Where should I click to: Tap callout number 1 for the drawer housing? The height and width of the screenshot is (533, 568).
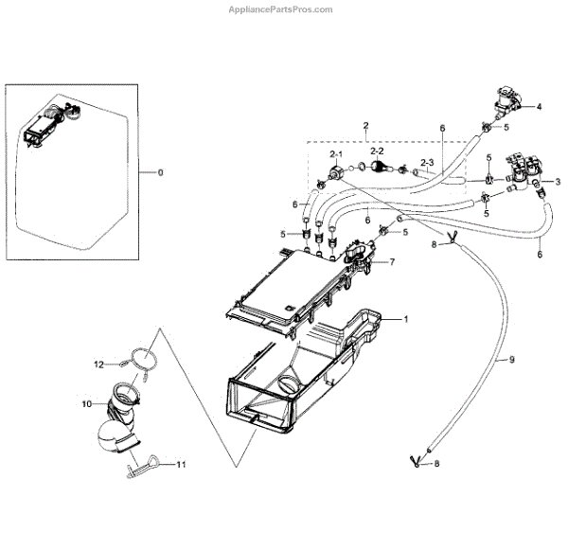pos(406,320)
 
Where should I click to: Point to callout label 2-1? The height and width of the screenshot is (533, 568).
pos(336,152)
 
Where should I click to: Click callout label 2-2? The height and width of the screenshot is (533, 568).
pos(376,151)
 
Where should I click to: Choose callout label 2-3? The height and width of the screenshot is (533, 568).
pos(426,163)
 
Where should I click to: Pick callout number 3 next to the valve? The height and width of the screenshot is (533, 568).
pos(558,181)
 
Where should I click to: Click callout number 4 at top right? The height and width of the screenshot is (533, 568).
pos(539,107)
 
